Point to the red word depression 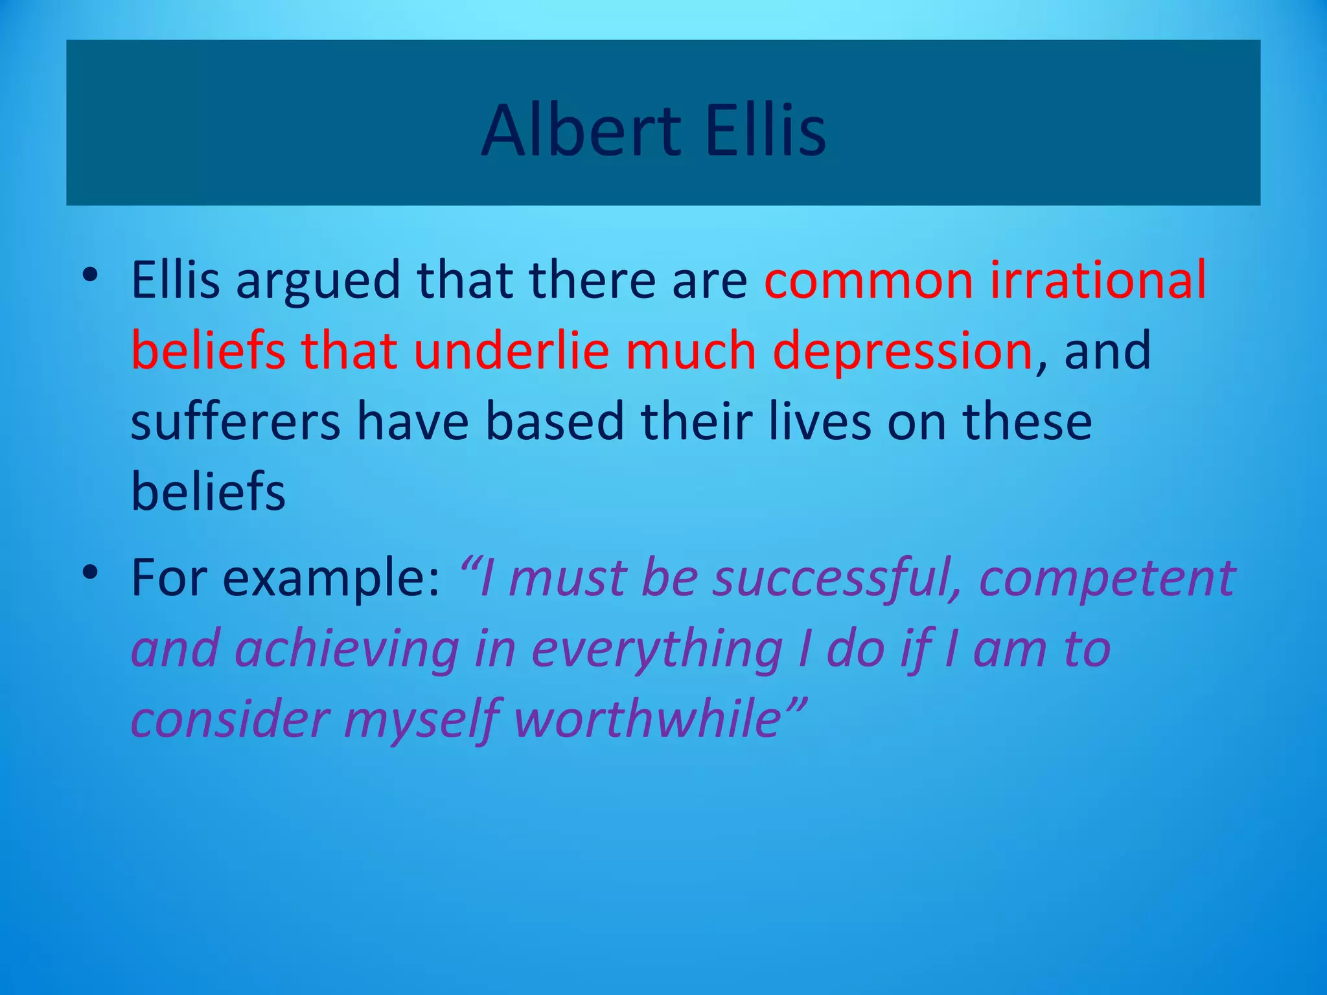pyautogui.click(x=903, y=350)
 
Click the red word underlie pyautogui.click(x=512, y=350)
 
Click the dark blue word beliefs pyautogui.click(x=208, y=492)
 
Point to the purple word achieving pyautogui.click(x=347, y=650)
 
